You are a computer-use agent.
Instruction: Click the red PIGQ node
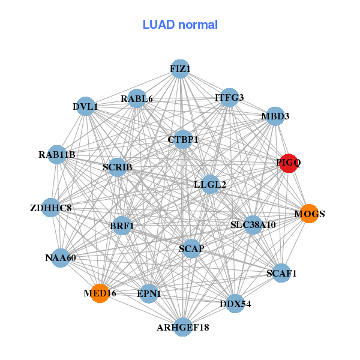[289, 163]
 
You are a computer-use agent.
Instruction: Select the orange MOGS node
[309, 214]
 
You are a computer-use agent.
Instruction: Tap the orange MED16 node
[100, 293]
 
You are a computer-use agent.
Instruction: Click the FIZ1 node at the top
[180, 69]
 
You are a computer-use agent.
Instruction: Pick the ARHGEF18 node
[183, 327]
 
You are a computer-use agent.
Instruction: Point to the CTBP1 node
[183, 140]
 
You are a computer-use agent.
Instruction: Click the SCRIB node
[118, 166]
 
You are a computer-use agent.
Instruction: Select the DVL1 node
[86, 107]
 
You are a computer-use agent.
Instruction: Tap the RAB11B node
[57, 155]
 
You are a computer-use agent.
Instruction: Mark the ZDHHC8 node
[51, 208]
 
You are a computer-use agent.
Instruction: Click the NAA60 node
[61, 258]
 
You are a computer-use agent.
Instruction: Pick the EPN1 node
[149, 293]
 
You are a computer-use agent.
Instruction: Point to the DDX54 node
[235, 304]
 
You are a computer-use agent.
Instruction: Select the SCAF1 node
[281, 273]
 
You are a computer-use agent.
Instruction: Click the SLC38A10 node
[253, 225]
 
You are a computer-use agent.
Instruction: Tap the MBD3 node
[275, 116]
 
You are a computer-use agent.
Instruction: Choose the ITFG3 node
[229, 97]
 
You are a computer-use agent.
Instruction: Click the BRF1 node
[122, 226]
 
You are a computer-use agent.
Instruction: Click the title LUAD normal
[180, 25]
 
